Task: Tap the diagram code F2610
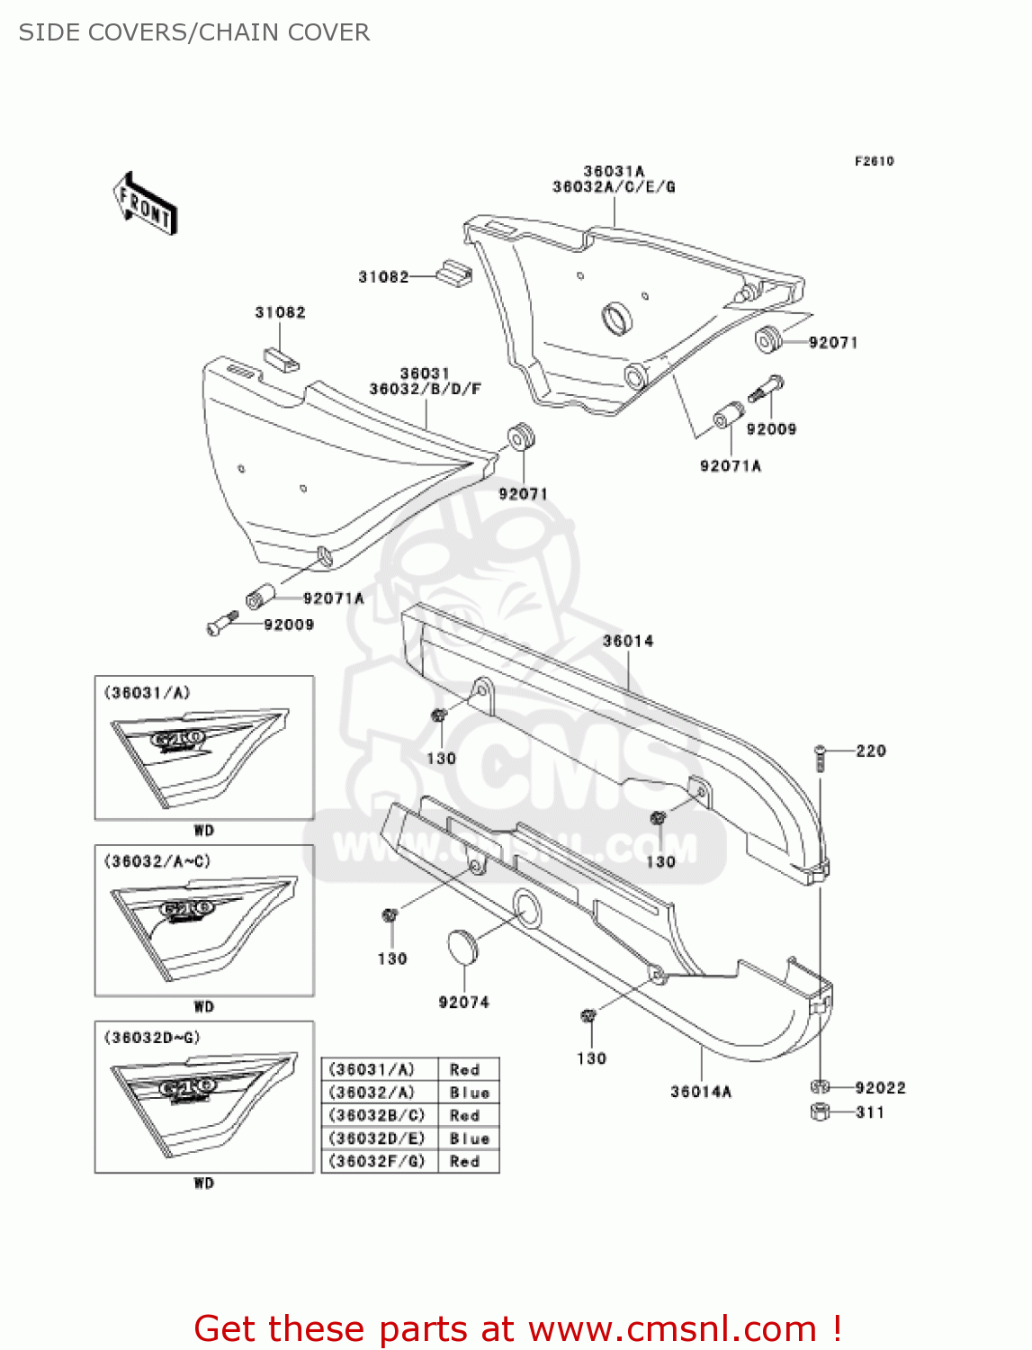click(874, 161)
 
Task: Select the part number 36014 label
click(628, 641)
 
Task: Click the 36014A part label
click(701, 1092)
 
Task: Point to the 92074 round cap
click(463, 947)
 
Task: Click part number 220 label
click(870, 751)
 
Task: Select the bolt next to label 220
click(820, 757)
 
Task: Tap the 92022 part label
click(879, 1088)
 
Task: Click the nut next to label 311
click(820, 1112)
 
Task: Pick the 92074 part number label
click(463, 1003)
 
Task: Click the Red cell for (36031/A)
click(465, 1069)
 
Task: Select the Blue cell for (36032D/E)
click(470, 1138)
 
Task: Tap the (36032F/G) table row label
click(377, 1162)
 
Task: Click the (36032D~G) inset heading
click(152, 1038)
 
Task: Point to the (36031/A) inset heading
click(148, 692)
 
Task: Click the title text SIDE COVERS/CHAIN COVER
click(194, 32)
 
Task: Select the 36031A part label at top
click(614, 171)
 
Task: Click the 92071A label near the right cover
click(730, 465)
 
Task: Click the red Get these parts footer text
click(517, 1328)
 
